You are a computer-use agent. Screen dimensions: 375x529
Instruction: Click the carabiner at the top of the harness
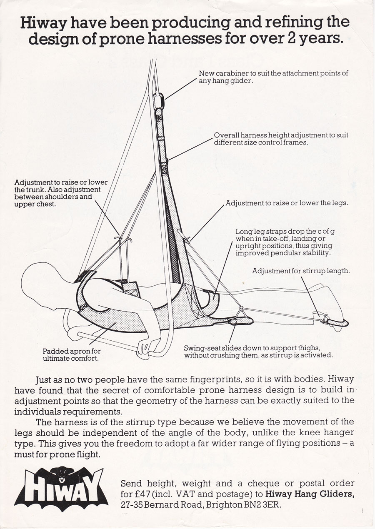click(x=159, y=100)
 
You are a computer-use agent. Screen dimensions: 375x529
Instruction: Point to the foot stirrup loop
click(x=336, y=322)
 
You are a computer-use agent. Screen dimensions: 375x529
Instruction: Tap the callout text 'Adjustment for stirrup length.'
click(x=301, y=271)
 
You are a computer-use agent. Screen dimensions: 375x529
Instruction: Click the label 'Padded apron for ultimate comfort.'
click(x=72, y=355)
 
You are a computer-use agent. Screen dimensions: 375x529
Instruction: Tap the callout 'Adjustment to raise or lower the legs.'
click(x=287, y=203)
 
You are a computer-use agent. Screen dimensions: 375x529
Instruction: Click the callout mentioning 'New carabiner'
click(x=273, y=77)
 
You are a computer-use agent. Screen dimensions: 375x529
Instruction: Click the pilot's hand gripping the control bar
click(x=144, y=348)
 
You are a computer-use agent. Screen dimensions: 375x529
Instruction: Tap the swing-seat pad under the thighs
click(x=240, y=321)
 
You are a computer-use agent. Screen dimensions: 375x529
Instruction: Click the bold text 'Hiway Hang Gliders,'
click(x=310, y=494)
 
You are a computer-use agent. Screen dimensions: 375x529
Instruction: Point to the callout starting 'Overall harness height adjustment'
click(x=281, y=139)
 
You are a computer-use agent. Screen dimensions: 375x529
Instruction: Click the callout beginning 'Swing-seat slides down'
click(x=258, y=352)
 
